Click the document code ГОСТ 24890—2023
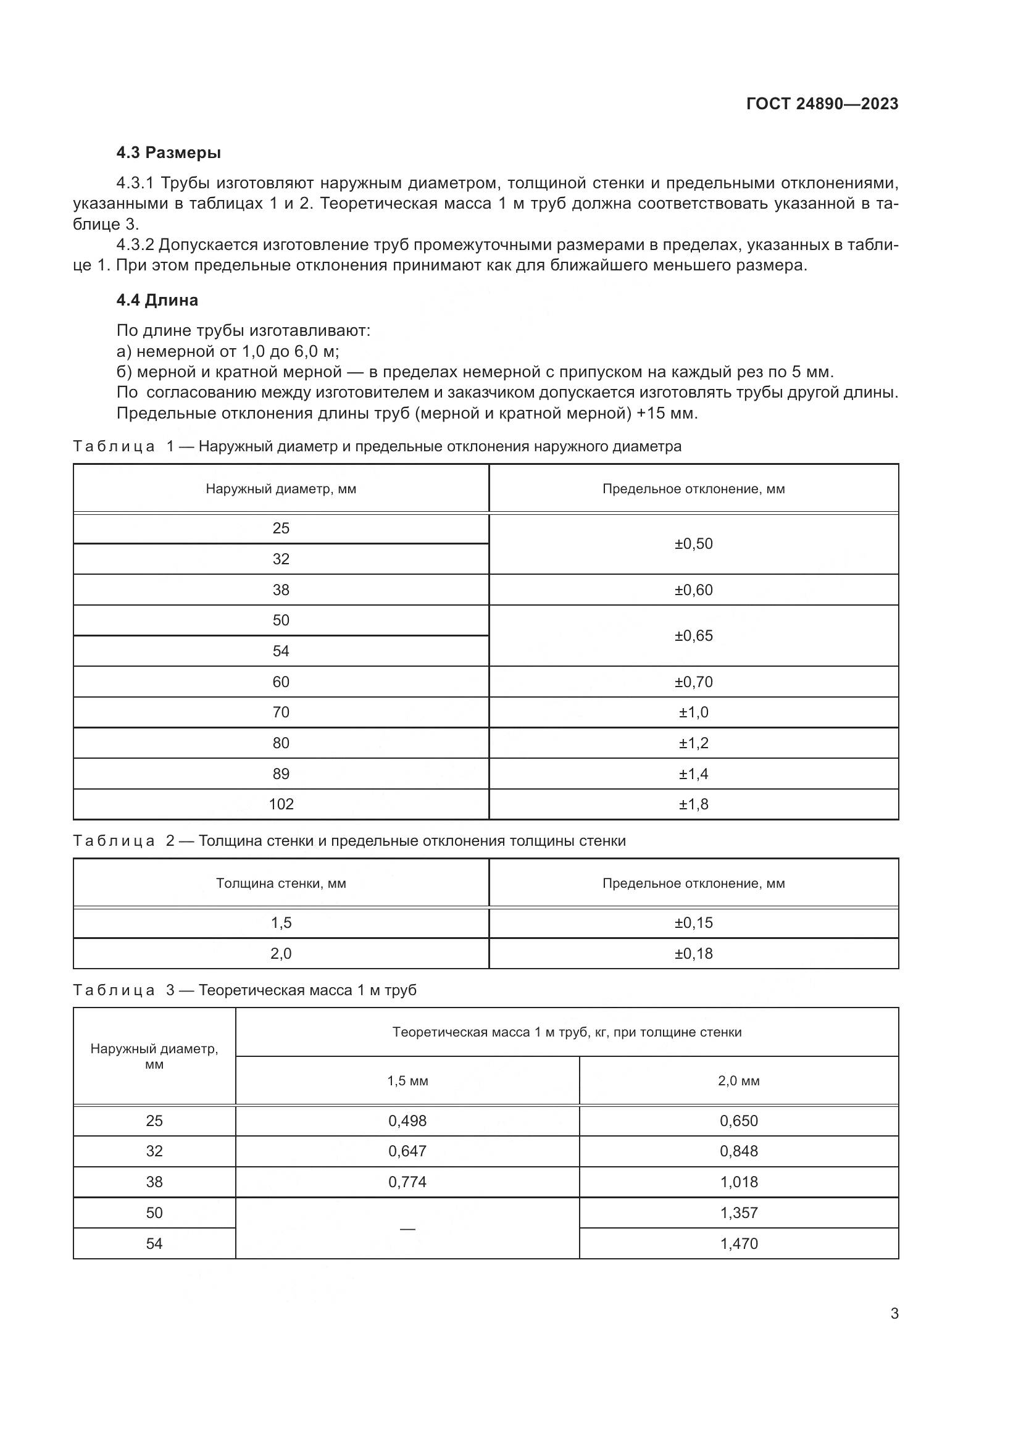pos(822,104)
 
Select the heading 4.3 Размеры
pos(169,153)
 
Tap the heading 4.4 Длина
pos(157,300)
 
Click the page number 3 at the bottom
pos(894,1314)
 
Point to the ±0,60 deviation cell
pos(693,590)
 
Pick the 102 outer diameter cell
pos(281,804)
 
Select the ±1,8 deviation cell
pos(693,804)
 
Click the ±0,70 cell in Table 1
pos(693,682)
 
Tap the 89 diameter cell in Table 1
pos(281,774)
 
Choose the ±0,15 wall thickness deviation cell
pos(693,922)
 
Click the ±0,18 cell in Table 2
pos(693,953)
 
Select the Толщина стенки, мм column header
pos(281,883)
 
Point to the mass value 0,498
pos(407,1121)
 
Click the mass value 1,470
pos(739,1243)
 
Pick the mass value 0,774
pos(407,1182)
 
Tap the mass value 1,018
pos(739,1182)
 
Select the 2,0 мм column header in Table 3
pos(739,1080)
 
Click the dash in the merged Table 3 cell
pos(407,1229)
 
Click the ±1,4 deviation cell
pos(693,774)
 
